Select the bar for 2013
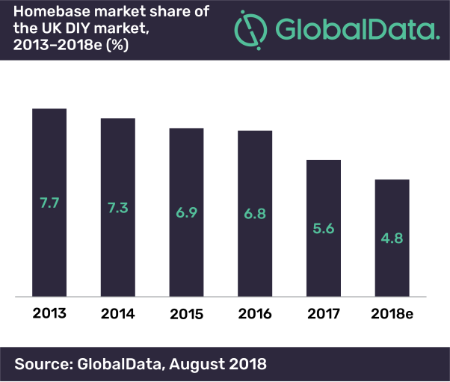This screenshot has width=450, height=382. [x=49, y=164]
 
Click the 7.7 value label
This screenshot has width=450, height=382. [x=49, y=202]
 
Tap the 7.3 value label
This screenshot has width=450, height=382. [x=118, y=208]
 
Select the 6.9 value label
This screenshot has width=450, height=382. [x=186, y=213]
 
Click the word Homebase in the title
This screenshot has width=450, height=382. [x=46, y=11]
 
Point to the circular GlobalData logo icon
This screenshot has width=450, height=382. [x=250, y=30]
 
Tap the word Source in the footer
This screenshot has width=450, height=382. [x=40, y=364]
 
